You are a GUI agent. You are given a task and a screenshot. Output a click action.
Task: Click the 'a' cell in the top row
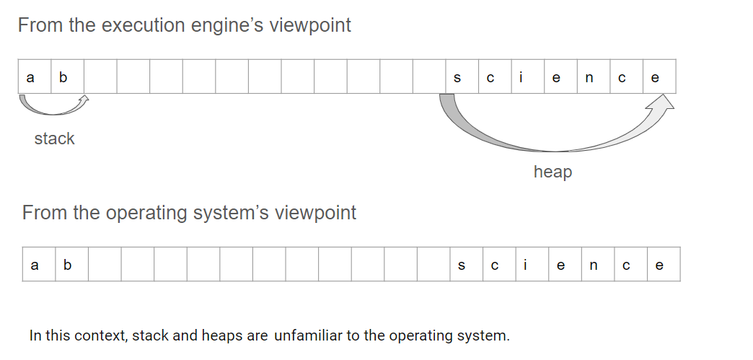(35, 76)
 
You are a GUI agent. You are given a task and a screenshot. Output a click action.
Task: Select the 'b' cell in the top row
(68, 76)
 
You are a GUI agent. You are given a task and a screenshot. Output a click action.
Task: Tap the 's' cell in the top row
(462, 76)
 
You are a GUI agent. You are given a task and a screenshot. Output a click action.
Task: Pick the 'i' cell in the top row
(528, 76)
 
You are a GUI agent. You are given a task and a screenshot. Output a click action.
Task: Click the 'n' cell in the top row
(594, 76)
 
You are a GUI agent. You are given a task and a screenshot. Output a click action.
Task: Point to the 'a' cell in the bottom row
(39, 264)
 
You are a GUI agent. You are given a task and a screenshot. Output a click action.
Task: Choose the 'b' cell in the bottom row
(72, 264)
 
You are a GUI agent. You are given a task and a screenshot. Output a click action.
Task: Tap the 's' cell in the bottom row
(467, 264)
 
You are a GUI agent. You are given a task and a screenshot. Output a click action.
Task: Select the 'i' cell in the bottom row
(532, 264)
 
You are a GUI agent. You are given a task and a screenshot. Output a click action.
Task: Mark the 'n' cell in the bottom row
(598, 264)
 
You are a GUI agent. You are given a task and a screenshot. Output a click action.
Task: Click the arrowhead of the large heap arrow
(663, 102)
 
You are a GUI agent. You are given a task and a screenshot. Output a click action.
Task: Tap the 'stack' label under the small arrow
(55, 139)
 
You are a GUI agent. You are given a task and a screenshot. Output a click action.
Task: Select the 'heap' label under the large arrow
(552, 172)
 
